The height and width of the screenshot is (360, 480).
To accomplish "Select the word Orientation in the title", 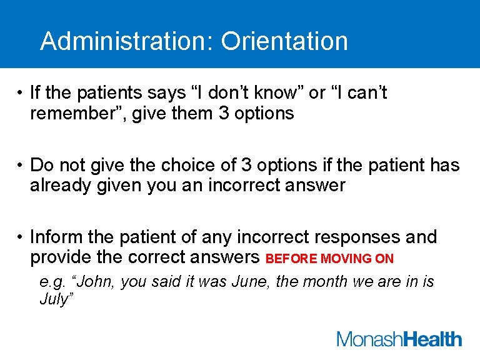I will pyautogui.click(x=284, y=41).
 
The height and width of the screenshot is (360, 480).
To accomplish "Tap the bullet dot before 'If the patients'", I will pyautogui.click(x=21, y=94).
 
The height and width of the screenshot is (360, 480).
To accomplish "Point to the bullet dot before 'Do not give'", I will pyautogui.click(x=21, y=166).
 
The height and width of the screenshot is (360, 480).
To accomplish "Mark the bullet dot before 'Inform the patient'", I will pyautogui.click(x=21, y=238).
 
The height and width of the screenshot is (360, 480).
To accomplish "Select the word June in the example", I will pyautogui.click(x=249, y=282).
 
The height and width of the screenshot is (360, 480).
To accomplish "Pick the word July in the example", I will pyautogui.click(x=54, y=299).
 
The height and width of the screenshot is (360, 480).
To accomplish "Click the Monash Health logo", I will pyautogui.click(x=399, y=339).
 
